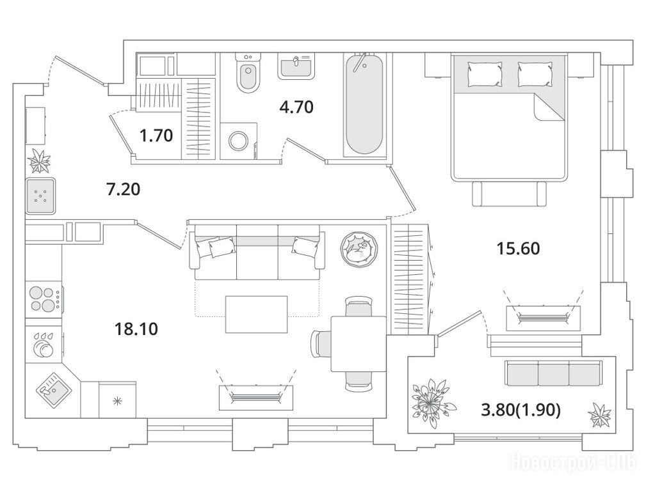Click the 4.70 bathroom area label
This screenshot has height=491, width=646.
[296, 107]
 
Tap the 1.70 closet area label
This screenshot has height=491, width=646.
[156, 136]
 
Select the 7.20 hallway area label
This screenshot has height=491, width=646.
[123, 189]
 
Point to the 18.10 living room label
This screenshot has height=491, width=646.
[136, 329]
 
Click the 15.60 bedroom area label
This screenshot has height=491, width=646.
[519, 249]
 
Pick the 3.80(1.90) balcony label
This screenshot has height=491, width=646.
[521, 410]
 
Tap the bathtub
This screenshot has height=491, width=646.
[364, 105]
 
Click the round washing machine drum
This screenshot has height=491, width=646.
[239, 141]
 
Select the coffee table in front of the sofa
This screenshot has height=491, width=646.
[256, 314]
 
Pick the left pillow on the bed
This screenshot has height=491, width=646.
[485, 74]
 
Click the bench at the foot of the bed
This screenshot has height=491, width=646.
[509, 194]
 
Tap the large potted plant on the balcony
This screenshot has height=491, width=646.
[432, 403]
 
